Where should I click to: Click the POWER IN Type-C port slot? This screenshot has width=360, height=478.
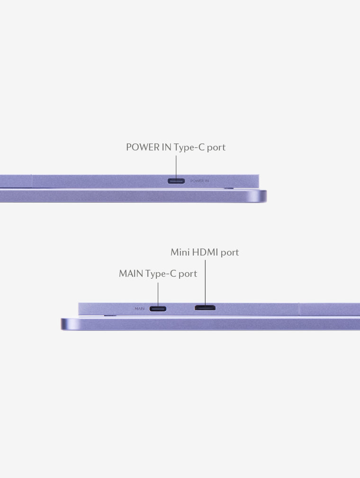[x=176, y=181]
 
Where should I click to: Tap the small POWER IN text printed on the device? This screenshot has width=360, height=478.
[x=199, y=181]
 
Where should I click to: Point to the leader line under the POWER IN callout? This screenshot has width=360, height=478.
[x=176, y=167]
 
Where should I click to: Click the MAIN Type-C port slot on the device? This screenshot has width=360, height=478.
[x=158, y=309]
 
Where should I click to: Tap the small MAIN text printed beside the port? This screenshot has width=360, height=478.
[x=139, y=309]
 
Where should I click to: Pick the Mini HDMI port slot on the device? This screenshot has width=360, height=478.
[x=205, y=308]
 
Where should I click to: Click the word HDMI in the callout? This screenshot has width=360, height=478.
[x=205, y=252]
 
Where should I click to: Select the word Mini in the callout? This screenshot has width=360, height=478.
[x=180, y=252]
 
